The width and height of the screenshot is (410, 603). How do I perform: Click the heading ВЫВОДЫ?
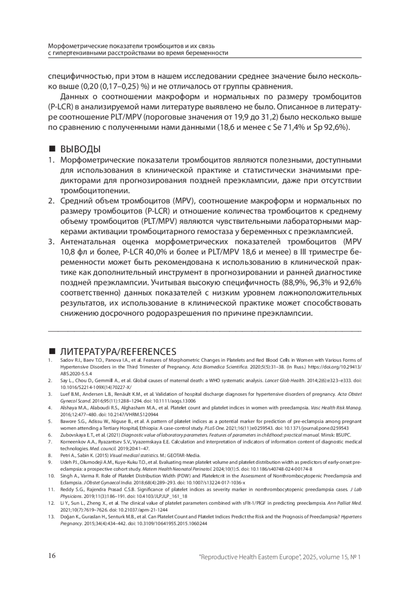point(80,149)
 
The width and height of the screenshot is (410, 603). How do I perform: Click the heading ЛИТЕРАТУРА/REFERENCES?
point(118,351)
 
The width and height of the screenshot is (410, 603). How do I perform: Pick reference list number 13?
point(51,517)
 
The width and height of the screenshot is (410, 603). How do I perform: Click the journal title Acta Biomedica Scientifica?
point(219,367)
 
